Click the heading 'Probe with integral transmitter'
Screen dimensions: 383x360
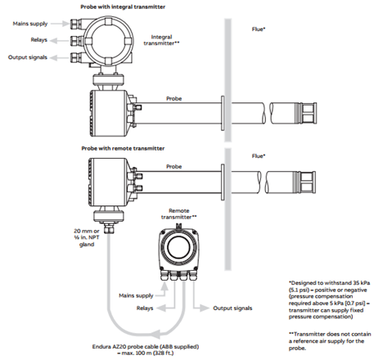point(123,7)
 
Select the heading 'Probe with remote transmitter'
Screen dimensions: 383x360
point(123,148)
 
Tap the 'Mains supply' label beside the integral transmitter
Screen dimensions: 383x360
point(30,24)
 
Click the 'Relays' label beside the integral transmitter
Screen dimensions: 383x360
point(38,40)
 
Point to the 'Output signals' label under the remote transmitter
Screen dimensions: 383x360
point(232,308)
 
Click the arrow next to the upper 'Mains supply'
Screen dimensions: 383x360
point(60,24)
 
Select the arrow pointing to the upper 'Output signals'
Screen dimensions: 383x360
point(59,57)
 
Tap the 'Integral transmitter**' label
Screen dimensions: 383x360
point(161,40)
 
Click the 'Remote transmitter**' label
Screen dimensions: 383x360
point(178,214)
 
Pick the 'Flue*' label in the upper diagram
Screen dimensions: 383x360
point(259,29)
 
